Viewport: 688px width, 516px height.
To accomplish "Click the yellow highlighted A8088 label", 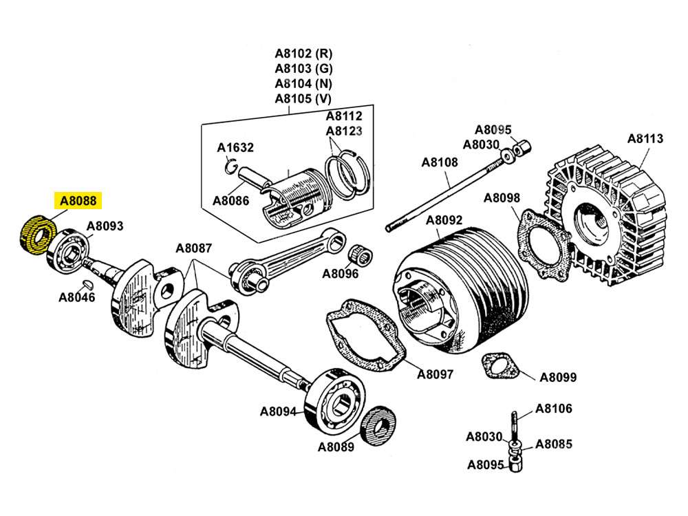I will click(x=78, y=201).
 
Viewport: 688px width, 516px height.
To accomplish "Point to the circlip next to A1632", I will click(x=232, y=165).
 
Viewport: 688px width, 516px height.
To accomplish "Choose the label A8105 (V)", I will click(x=303, y=98).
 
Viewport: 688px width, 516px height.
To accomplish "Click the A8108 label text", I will click(x=439, y=163).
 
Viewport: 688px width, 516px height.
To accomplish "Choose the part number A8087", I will click(x=193, y=248).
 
